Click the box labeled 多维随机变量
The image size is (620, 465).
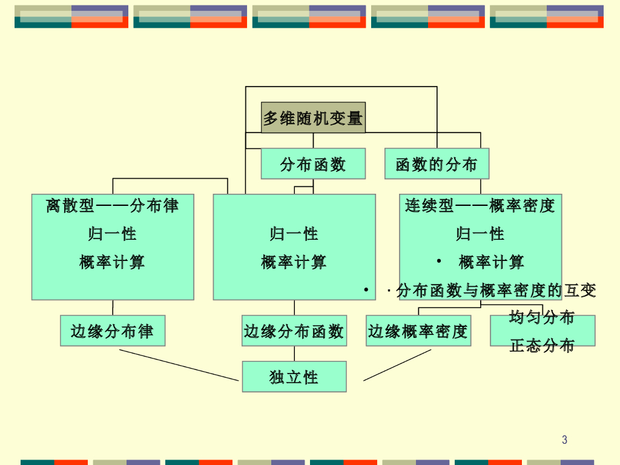(313, 117)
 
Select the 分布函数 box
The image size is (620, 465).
(313, 163)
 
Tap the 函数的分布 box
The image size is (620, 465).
(437, 163)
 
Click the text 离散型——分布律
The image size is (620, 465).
(113, 206)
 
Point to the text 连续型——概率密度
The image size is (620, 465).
(480, 206)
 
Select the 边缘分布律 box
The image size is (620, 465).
(113, 331)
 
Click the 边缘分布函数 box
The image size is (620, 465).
(294, 331)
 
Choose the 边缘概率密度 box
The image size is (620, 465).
(418, 331)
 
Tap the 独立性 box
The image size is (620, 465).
(294, 377)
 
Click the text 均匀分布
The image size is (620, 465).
(542, 317)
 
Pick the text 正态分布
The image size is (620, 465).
(542, 346)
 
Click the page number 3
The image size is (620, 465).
(564, 440)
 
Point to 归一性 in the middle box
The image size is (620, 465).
(294, 234)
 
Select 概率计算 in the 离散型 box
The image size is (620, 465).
(113, 262)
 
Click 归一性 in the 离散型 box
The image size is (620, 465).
(113, 234)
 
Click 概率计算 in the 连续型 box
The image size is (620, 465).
(491, 262)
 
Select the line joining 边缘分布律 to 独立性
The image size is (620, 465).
(179, 365)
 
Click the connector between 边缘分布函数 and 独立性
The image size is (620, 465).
(295, 354)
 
